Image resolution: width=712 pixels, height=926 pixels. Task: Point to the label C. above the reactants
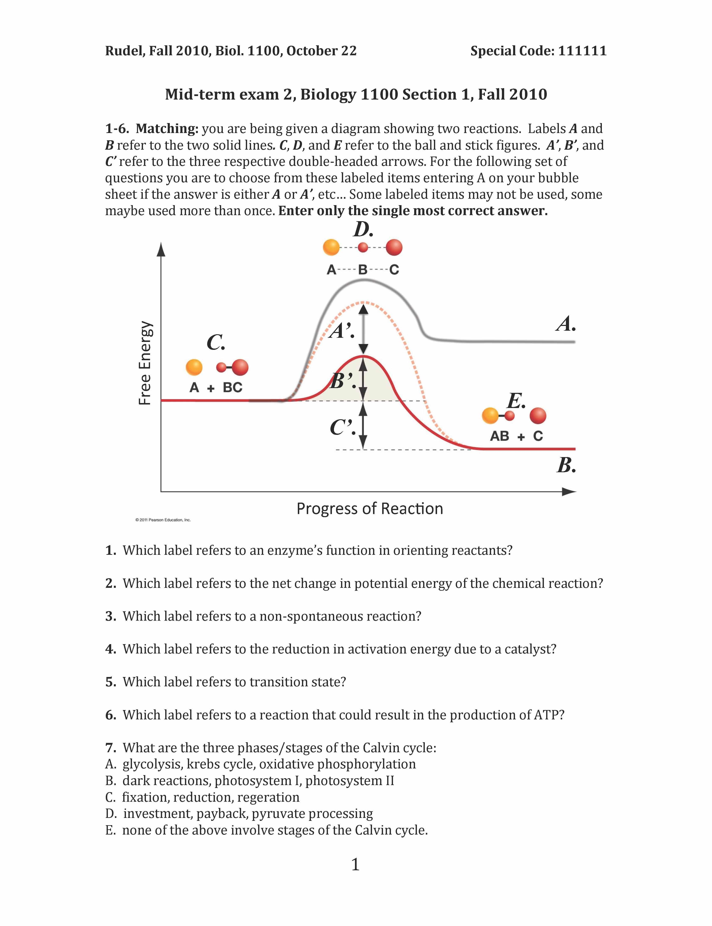216,342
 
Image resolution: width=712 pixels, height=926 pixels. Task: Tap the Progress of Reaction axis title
370,508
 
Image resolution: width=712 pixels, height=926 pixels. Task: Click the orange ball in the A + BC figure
194,367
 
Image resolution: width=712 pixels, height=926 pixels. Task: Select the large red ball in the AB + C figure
538,416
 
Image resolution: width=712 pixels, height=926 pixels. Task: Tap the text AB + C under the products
516,436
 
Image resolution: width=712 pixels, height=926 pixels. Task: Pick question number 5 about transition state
111,682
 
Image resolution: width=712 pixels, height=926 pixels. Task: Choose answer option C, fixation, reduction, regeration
203,797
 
